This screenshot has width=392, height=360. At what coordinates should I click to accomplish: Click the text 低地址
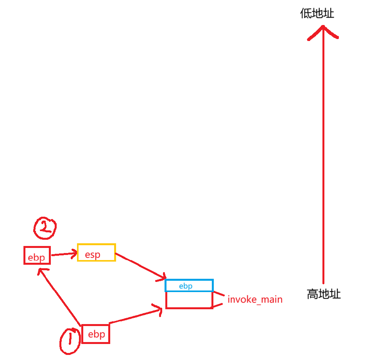click(x=317, y=14)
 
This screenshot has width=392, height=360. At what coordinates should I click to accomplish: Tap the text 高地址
click(x=324, y=294)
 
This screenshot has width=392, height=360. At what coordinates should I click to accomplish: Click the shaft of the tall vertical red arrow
click(x=323, y=156)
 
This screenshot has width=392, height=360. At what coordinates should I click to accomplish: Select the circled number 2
click(x=45, y=228)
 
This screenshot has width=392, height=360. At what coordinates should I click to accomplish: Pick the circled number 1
click(x=70, y=340)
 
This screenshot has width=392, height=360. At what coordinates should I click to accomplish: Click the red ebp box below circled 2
click(x=37, y=255)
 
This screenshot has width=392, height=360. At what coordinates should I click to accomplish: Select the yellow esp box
click(x=96, y=252)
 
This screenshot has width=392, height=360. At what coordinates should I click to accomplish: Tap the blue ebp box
click(x=189, y=285)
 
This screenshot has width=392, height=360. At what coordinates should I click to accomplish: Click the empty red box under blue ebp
click(x=189, y=300)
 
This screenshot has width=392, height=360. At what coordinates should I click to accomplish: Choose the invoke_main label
click(x=255, y=300)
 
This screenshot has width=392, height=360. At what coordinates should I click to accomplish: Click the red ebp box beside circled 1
click(x=96, y=335)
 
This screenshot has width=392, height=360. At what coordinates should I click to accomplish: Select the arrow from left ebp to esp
click(x=64, y=255)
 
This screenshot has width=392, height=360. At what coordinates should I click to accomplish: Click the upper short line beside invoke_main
click(x=218, y=294)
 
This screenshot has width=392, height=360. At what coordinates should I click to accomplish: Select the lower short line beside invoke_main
click(x=218, y=306)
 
